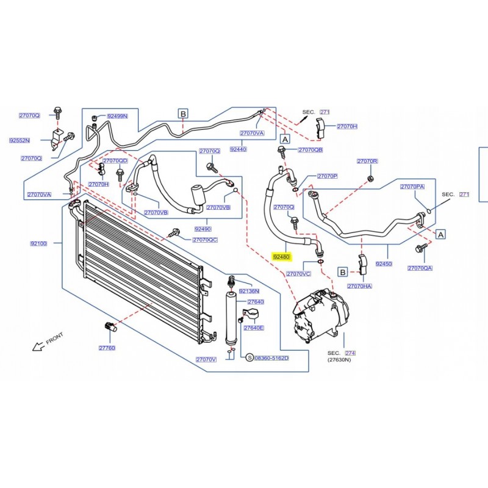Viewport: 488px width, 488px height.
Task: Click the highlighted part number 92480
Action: click(x=282, y=257)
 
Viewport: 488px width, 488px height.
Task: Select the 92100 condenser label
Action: click(x=38, y=244)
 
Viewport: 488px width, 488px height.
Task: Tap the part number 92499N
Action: click(x=117, y=115)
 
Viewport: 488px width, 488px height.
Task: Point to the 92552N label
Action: click(x=20, y=140)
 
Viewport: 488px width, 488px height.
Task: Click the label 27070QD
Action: click(x=115, y=160)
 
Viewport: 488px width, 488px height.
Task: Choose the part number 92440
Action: click(x=238, y=149)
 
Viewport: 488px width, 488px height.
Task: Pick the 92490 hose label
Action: click(x=203, y=229)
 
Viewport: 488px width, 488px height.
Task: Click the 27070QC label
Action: click(x=205, y=240)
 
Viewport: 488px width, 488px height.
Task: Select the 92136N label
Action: click(x=249, y=291)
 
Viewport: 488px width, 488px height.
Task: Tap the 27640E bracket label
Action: click(x=253, y=328)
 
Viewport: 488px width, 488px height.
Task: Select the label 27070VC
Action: click(x=298, y=274)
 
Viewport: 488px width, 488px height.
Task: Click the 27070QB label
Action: click(x=310, y=149)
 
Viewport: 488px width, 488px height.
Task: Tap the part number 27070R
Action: click(x=367, y=161)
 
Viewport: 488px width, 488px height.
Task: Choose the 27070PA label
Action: click(x=412, y=187)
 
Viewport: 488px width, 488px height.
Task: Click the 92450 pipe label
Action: click(x=384, y=264)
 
